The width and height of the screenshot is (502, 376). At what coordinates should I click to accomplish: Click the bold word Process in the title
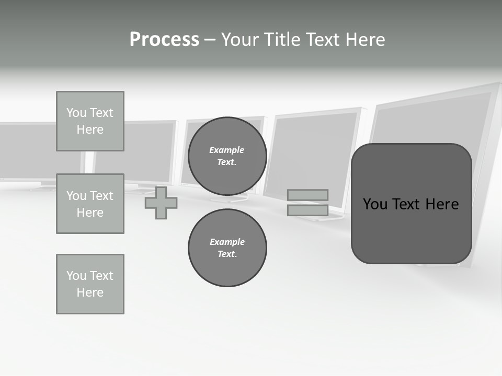coord(164,40)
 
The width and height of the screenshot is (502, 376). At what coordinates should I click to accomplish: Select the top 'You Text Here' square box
coord(90,121)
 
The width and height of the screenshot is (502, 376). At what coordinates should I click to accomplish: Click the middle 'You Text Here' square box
coord(90,204)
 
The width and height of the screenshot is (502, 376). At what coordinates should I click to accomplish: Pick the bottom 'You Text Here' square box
coord(90,284)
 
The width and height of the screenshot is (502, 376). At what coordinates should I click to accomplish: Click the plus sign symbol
coord(161,203)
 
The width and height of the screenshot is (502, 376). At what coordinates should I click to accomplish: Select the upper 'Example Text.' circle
coord(227,156)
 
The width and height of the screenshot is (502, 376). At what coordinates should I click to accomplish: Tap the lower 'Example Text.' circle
coord(227,248)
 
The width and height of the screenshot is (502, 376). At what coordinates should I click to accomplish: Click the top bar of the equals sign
coord(307,195)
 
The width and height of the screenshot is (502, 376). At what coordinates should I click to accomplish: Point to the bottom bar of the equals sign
coord(307,210)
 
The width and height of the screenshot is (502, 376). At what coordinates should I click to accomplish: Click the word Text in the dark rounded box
coord(407,204)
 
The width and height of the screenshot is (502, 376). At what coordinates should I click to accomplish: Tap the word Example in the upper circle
coord(227,150)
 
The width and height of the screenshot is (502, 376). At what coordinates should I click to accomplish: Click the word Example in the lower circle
coord(227,242)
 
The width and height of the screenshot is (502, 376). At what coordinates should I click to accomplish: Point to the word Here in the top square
coord(90,130)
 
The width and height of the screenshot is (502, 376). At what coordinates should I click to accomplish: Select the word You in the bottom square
coord(76,276)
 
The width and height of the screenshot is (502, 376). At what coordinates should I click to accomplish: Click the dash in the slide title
coord(210,40)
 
